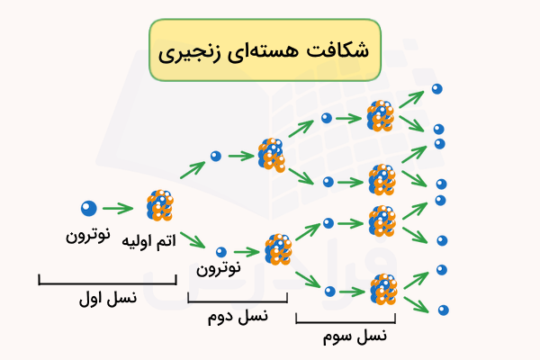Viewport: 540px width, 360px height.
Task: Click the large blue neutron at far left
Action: point(88,208)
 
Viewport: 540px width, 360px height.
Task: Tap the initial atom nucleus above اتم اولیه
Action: point(160,207)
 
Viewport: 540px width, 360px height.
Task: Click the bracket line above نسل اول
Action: point(108,281)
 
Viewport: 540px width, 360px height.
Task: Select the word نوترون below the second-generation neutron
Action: point(219,266)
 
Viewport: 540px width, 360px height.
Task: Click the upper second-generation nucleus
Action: point(271,155)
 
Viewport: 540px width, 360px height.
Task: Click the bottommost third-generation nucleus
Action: point(384,290)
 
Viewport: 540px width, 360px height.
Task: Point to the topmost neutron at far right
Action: point(436,88)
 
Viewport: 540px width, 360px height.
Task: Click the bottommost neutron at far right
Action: point(442,310)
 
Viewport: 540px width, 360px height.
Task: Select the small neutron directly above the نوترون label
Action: point(220,251)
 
